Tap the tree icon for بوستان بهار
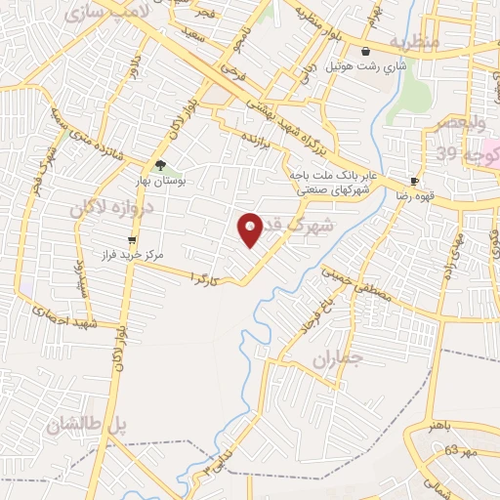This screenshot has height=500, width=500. point(160,165)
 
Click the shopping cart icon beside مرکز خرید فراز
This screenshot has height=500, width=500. point(132,238)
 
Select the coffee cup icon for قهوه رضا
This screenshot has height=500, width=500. point(414,182)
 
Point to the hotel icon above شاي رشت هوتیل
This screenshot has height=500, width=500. point(366,52)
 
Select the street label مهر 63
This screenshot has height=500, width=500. point(462,451)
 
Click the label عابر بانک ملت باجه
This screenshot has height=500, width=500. point(322,176)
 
